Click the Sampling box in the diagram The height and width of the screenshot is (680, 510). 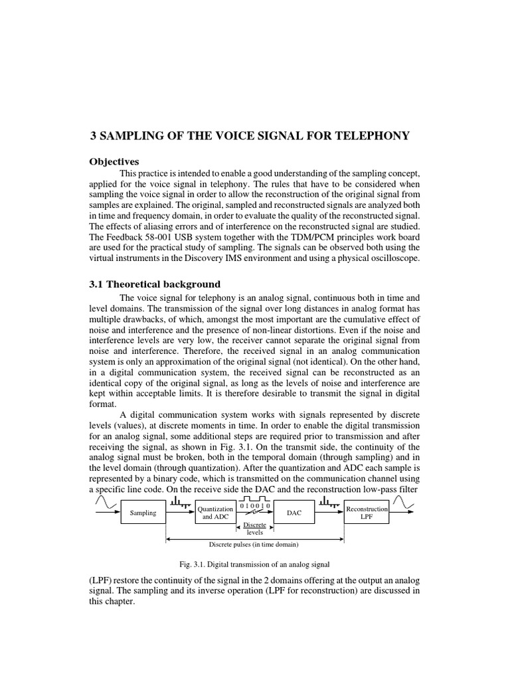click(143, 513)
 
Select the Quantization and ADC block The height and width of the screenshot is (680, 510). click(215, 513)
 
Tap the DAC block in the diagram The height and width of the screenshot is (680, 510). click(293, 513)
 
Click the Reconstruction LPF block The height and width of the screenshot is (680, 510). click(367, 513)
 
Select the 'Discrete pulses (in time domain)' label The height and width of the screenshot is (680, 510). click(255, 544)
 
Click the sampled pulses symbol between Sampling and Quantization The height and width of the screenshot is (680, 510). click(179, 506)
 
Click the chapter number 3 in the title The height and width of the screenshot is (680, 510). click(94, 136)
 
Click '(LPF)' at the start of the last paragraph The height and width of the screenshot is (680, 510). click(102, 579)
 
